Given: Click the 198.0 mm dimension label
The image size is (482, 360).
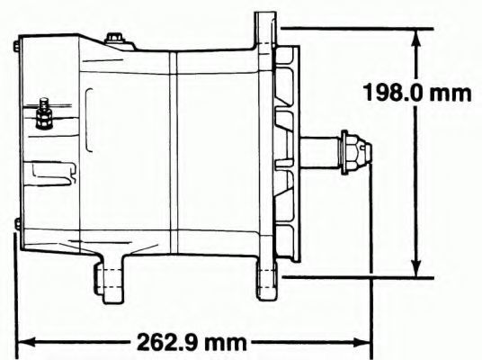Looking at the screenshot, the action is click(417, 93).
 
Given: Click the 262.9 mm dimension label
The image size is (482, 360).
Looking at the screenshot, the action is click(192, 342).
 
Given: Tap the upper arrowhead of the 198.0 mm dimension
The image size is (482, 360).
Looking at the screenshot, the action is click(416, 38).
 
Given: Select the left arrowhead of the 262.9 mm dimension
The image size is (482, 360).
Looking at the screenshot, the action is click(27, 342).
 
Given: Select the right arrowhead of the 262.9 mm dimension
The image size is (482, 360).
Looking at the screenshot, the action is click(361, 342).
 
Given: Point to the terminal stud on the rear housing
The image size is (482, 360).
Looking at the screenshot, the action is click(44, 113).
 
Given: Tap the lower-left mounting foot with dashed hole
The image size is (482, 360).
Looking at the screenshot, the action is click(110, 279).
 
